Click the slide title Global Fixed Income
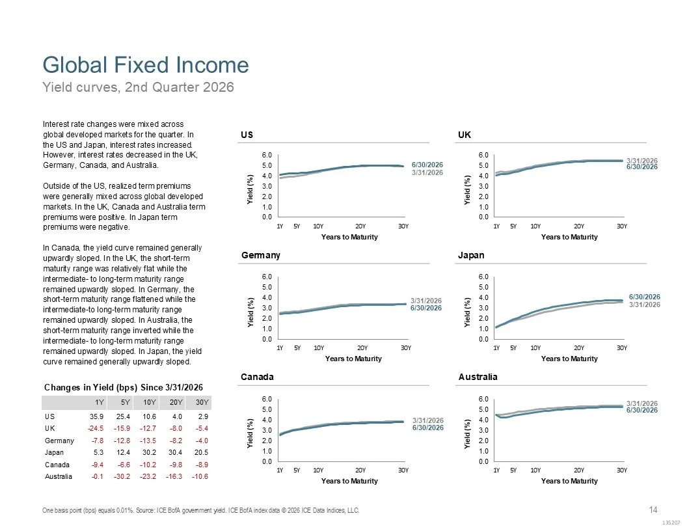click(x=146, y=65)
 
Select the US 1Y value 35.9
click(x=96, y=416)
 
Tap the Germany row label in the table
click(x=59, y=441)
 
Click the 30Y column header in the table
click(x=202, y=402)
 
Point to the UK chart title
click(x=464, y=135)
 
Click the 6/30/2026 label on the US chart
click(x=427, y=165)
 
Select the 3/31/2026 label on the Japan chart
click(x=645, y=305)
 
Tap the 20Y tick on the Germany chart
click(x=362, y=348)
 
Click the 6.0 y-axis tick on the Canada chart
click(x=267, y=399)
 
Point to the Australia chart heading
click(x=478, y=377)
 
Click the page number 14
click(x=653, y=510)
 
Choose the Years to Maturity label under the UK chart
click(x=569, y=237)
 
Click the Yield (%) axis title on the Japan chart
click(x=468, y=312)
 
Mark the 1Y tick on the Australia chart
click(x=496, y=470)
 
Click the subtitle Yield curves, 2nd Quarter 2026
click(x=138, y=87)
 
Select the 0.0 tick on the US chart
click(x=267, y=217)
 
